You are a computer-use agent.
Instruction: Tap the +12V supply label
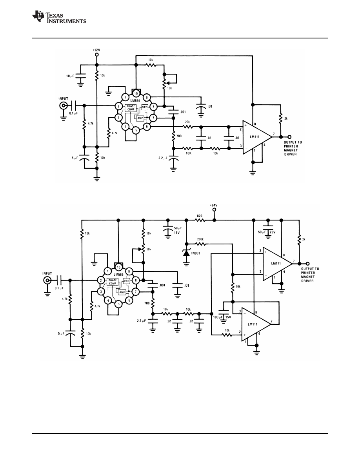tap(96, 50)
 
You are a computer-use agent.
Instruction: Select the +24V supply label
tap(214, 205)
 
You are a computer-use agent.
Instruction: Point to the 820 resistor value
tap(200, 216)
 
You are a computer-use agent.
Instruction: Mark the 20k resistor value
tap(187, 122)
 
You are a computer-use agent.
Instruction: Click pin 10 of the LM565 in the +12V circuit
tap(136, 93)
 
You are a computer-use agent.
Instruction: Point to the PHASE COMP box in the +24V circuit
tap(113, 282)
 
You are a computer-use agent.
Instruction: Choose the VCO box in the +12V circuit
tap(144, 107)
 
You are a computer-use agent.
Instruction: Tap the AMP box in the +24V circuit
tap(122, 293)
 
